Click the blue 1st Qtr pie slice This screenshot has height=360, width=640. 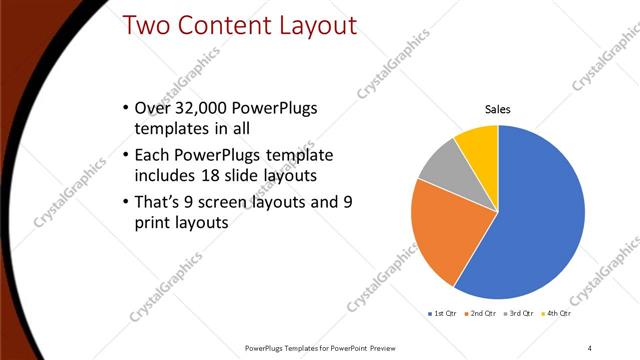tap(540, 220)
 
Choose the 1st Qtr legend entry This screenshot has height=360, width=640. tap(443, 314)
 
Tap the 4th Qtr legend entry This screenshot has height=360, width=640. tap(557, 314)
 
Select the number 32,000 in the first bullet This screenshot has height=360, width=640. tap(198, 108)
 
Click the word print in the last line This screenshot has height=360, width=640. tap(153, 223)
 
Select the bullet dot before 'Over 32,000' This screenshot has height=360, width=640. tap(123, 108)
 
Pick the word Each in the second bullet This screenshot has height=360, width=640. tap(152, 155)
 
